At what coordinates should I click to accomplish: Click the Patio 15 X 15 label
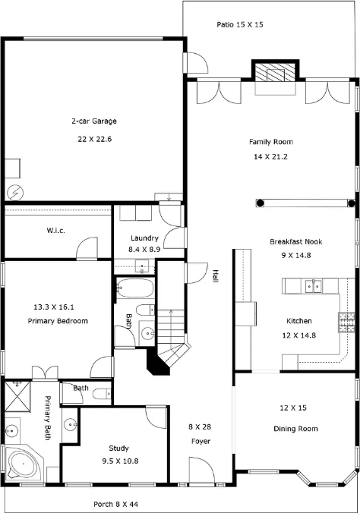[240, 24]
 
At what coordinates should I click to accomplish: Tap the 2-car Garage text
[94, 121]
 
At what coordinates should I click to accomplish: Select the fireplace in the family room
[275, 72]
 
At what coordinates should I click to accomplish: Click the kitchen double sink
[314, 286]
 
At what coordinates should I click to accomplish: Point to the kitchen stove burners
[346, 323]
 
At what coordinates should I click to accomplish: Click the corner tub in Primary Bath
[24, 464]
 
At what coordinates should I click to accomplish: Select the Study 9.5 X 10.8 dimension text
[120, 461]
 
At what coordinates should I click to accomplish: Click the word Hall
[215, 276]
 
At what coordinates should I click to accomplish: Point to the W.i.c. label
[55, 231]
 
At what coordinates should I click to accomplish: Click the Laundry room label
[144, 238]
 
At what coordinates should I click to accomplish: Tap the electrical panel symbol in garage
[15, 193]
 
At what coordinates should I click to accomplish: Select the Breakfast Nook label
[295, 242]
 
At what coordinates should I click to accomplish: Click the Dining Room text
[295, 429]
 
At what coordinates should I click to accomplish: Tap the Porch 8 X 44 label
[116, 504]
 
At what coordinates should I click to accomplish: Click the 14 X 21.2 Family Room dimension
[270, 157]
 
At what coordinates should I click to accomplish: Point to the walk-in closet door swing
[87, 248]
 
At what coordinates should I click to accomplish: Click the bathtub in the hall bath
[135, 288]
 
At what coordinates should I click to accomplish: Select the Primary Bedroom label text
[58, 321]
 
